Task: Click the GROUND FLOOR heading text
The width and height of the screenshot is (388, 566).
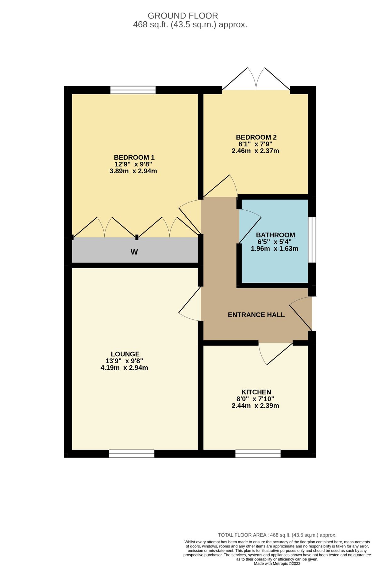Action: click(x=183, y=16)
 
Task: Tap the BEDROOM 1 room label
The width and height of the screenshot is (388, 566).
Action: click(x=134, y=157)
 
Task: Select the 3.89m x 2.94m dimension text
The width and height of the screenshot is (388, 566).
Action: click(x=133, y=171)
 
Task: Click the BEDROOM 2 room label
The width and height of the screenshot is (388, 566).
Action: click(x=256, y=137)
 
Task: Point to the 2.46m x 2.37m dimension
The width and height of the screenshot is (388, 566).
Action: click(x=255, y=151)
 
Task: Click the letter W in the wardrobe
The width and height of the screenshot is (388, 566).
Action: click(x=134, y=252)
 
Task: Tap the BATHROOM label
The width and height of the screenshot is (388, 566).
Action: click(x=275, y=235)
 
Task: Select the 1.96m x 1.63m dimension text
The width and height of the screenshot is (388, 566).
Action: click(x=274, y=248)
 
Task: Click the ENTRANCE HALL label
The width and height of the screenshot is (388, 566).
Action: click(x=256, y=315)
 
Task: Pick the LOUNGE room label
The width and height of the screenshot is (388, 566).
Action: click(x=125, y=354)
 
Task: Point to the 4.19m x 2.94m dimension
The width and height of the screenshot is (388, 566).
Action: click(x=124, y=368)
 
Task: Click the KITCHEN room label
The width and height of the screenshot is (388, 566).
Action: click(x=256, y=392)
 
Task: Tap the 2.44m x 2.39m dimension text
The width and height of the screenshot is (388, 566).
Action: click(x=255, y=406)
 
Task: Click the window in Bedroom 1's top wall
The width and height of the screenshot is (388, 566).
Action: click(x=133, y=90)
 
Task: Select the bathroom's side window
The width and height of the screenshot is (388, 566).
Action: click(x=312, y=240)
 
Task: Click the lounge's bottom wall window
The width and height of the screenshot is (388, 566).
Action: click(x=132, y=453)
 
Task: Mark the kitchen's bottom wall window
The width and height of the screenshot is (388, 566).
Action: click(x=258, y=453)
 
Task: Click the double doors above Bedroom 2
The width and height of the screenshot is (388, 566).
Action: click(x=256, y=80)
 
